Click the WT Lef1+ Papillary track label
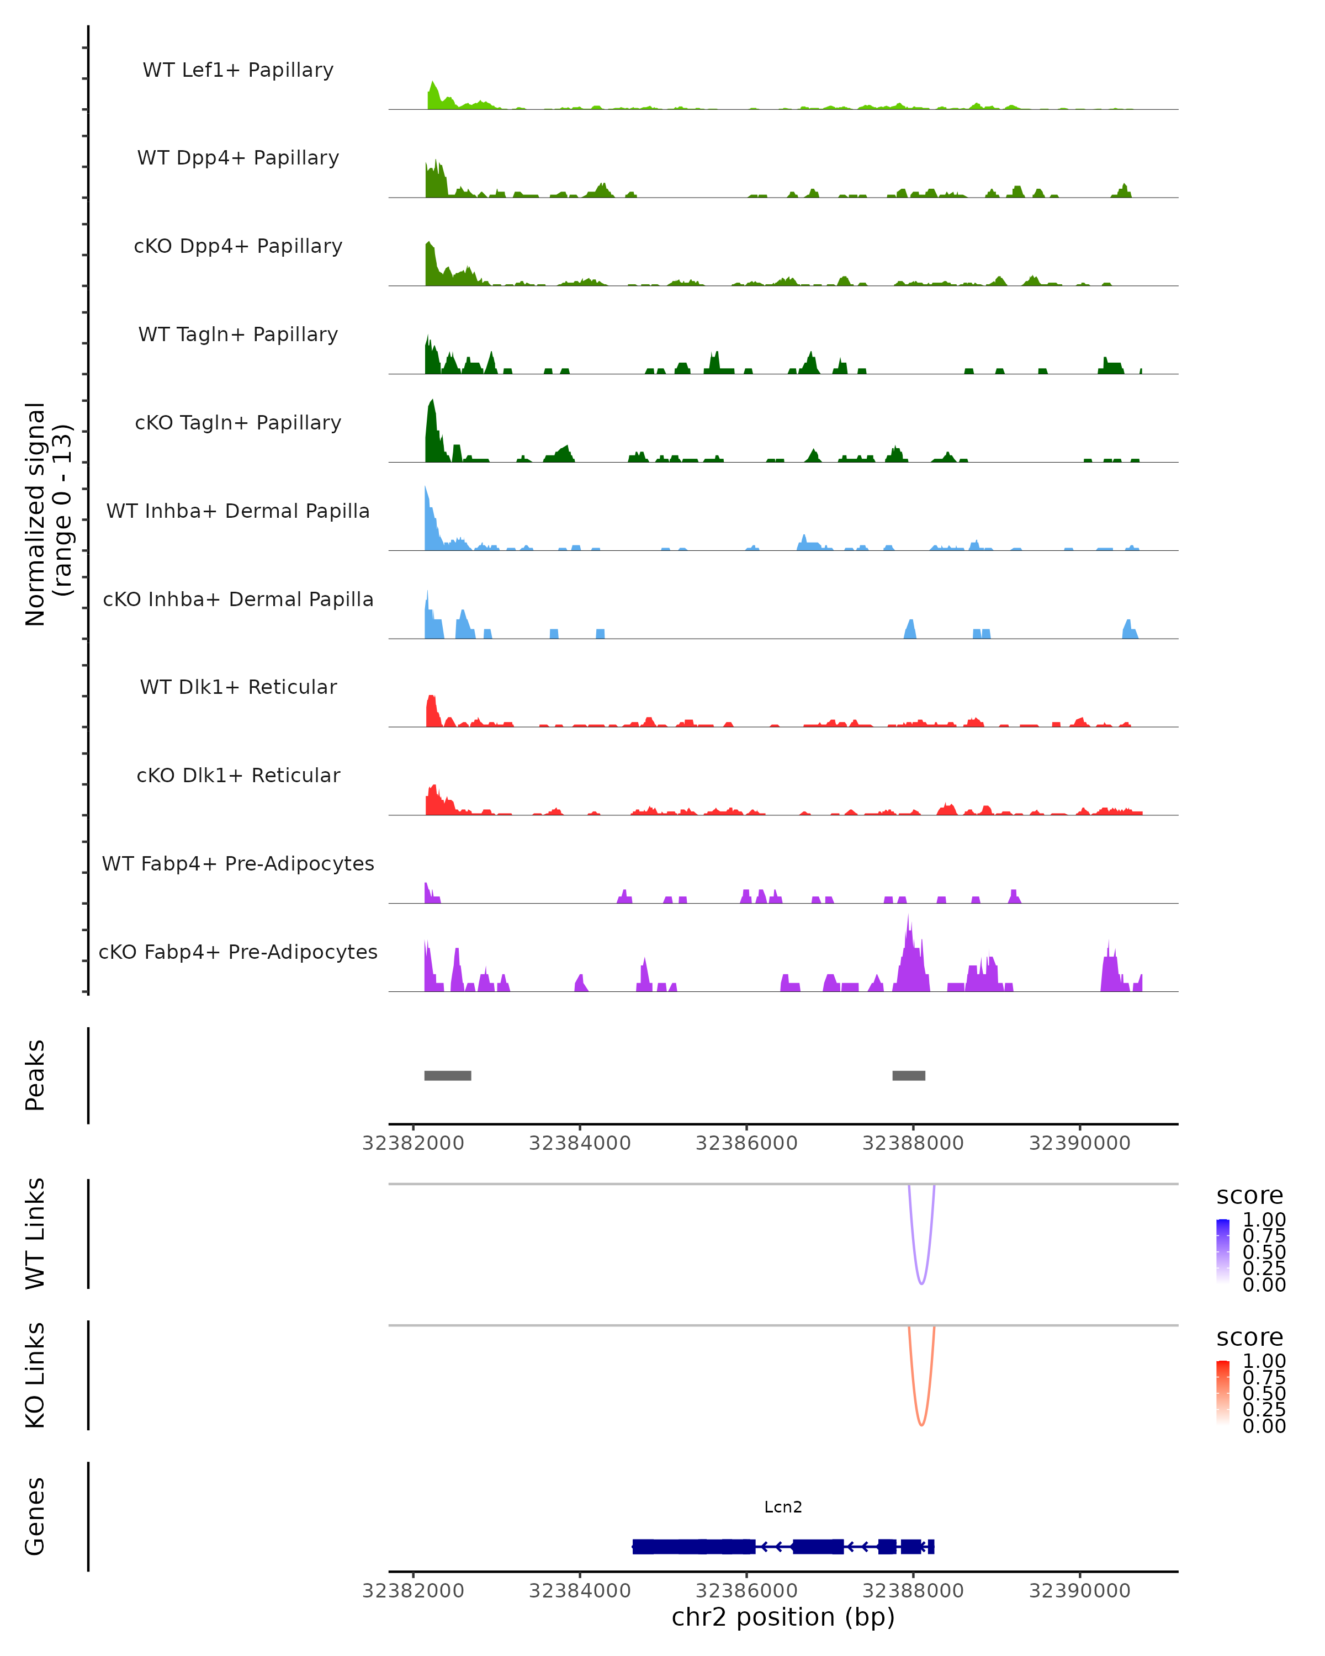coord(238,70)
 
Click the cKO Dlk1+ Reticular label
coord(238,775)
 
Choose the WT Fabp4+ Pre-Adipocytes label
coord(238,863)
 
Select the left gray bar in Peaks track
coord(447,1075)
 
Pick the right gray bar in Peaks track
coord(909,1075)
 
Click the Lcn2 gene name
coord(783,1507)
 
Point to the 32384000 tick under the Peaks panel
coord(580,1143)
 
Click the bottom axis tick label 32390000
coord(1079,1591)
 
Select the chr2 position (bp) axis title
coord(783,1617)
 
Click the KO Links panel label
coord(35,1375)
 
